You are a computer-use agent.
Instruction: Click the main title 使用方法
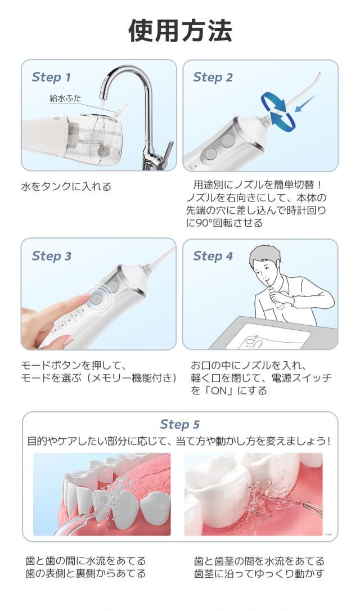pyautogui.click(x=181, y=31)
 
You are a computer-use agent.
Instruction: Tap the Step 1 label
pyautogui.click(x=51, y=77)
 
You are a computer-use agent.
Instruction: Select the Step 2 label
pyautogui.click(x=213, y=77)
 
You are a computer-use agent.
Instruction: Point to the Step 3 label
pyautogui.click(x=51, y=256)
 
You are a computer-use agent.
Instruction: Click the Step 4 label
pyautogui.click(x=213, y=256)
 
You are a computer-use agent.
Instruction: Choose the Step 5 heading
pyautogui.click(x=179, y=424)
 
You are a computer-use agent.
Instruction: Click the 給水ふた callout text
pyautogui.click(x=65, y=98)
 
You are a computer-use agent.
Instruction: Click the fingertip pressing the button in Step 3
pyautogui.click(x=84, y=298)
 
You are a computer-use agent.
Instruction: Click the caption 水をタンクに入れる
pyautogui.click(x=66, y=187)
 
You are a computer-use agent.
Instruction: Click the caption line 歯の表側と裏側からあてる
pyautogui.click(x=85, y=573)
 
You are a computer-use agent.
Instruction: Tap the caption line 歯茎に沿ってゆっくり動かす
pyautogui.click(x=259, y=573)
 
